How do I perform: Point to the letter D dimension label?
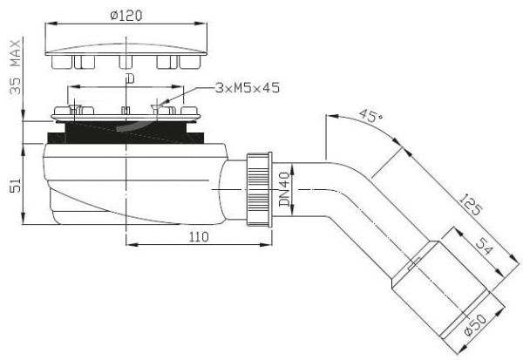tap(130, 79)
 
